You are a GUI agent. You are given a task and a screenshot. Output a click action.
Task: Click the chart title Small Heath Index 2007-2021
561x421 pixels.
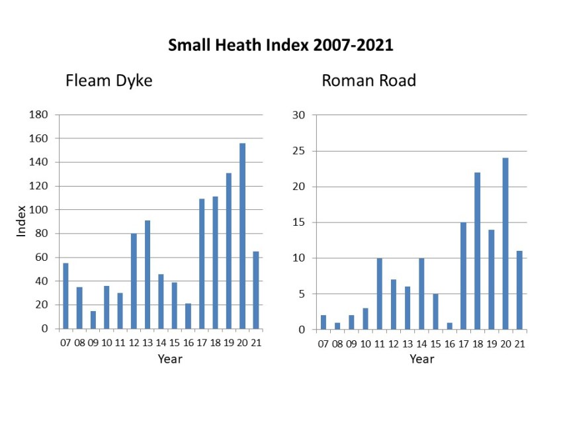click(280, 46)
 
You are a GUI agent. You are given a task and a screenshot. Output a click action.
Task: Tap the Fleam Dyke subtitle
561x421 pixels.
click(108, 81)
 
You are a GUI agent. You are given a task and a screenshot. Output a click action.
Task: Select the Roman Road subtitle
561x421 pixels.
click(368, 81)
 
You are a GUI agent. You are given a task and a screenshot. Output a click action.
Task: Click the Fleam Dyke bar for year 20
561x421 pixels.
click(242, 236)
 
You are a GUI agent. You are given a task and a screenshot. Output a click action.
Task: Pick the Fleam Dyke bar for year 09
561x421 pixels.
click(93, 320)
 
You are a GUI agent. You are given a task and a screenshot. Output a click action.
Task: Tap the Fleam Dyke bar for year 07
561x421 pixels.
click(65, 296)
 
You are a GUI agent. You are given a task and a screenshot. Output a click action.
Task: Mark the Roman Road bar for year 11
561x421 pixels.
click(379, 293)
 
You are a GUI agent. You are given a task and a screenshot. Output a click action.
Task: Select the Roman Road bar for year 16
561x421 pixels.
click(449, 326)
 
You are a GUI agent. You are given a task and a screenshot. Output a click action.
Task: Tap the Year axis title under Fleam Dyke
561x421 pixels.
click(169, 359)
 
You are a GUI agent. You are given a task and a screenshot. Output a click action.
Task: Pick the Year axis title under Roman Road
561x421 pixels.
click(421, 359)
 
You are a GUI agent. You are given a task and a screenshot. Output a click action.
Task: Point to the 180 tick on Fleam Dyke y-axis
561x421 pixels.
click(39, 115)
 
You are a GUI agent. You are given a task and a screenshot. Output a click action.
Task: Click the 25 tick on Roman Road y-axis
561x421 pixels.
click(298, 151)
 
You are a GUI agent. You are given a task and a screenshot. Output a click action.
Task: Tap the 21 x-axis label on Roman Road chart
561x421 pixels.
click(519, 343)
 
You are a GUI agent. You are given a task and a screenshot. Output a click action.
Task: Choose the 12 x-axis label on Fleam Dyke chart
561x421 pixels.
click(134, 343)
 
